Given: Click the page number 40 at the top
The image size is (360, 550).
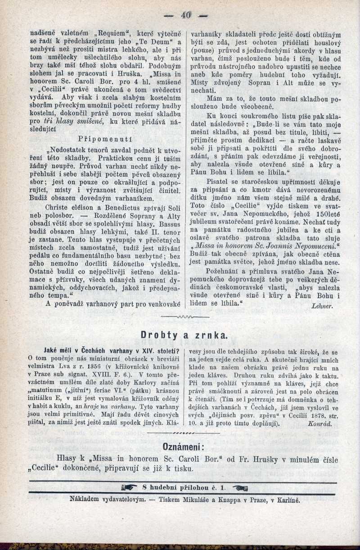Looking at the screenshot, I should pos(185,14).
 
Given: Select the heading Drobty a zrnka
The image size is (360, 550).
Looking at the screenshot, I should pos(184,335).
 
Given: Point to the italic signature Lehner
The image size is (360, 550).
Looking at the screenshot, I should pos(322,306).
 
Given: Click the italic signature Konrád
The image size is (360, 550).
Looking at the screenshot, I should pos(320,424).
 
